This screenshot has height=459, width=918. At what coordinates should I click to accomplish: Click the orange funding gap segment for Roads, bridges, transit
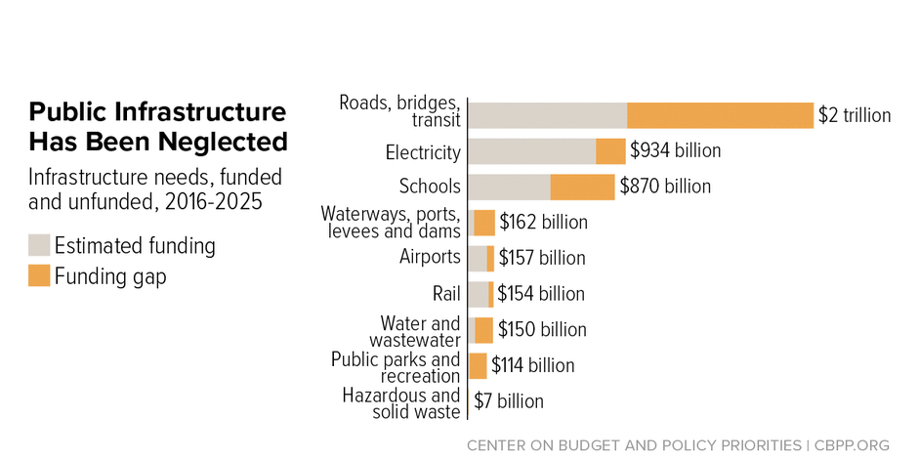(720, 115)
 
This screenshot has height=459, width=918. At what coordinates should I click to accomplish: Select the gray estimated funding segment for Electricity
(532, 151)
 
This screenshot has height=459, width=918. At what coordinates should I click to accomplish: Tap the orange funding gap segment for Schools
(582, 187)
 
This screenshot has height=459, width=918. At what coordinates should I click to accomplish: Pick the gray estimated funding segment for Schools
(510, 187)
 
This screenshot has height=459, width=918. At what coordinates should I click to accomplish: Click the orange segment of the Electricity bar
(610, 151)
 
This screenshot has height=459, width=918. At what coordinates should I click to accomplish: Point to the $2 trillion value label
(855, 115)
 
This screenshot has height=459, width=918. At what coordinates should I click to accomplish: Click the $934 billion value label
(675, 151)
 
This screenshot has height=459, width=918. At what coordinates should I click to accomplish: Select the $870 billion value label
(665, 187)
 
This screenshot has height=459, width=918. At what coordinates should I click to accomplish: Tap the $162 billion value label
(543, 223)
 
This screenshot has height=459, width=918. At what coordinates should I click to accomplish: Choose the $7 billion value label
(509, 401)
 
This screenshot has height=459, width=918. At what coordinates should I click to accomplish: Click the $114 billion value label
(532, 365)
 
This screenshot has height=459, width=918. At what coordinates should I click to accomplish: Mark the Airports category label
(430, 257)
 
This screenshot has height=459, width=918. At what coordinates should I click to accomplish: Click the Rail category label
(445, 294)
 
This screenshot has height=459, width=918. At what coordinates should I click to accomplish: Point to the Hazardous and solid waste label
(401, 403)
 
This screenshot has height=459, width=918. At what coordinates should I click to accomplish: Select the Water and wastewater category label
(415, 331)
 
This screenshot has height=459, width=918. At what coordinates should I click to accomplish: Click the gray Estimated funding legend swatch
(39, 245)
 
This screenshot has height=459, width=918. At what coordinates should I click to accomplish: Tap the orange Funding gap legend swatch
(39, 276)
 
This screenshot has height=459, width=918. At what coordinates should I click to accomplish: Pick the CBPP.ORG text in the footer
(851, 445)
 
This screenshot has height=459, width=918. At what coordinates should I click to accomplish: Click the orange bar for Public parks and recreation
(479, 365)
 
